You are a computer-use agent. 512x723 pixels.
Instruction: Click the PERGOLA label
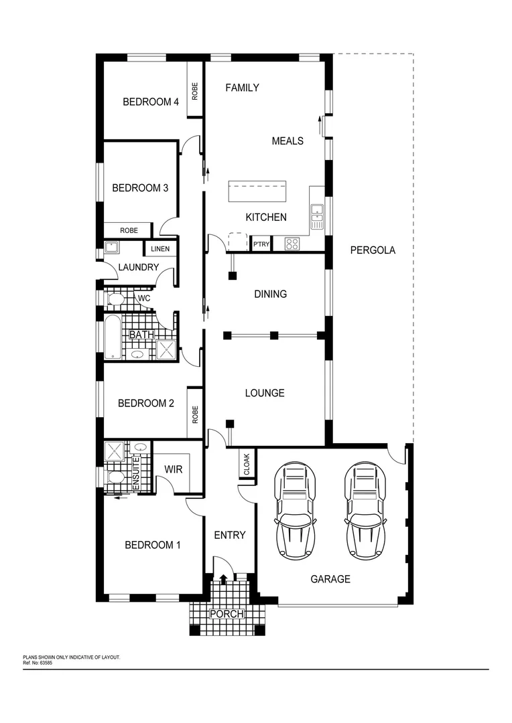373,250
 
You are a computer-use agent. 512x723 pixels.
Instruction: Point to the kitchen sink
317,213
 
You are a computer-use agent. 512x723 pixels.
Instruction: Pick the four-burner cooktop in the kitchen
292,244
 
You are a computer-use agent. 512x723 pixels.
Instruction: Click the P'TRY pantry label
261,244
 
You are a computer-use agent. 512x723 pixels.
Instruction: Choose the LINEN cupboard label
160,249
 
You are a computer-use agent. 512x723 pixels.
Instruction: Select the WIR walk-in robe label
174,469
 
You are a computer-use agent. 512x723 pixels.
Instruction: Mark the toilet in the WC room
115,299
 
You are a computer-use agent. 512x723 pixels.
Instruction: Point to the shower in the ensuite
115,451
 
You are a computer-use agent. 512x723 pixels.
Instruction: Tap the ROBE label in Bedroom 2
195,414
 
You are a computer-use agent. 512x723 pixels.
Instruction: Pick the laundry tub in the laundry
111,249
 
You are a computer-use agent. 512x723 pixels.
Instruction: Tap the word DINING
270,294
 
